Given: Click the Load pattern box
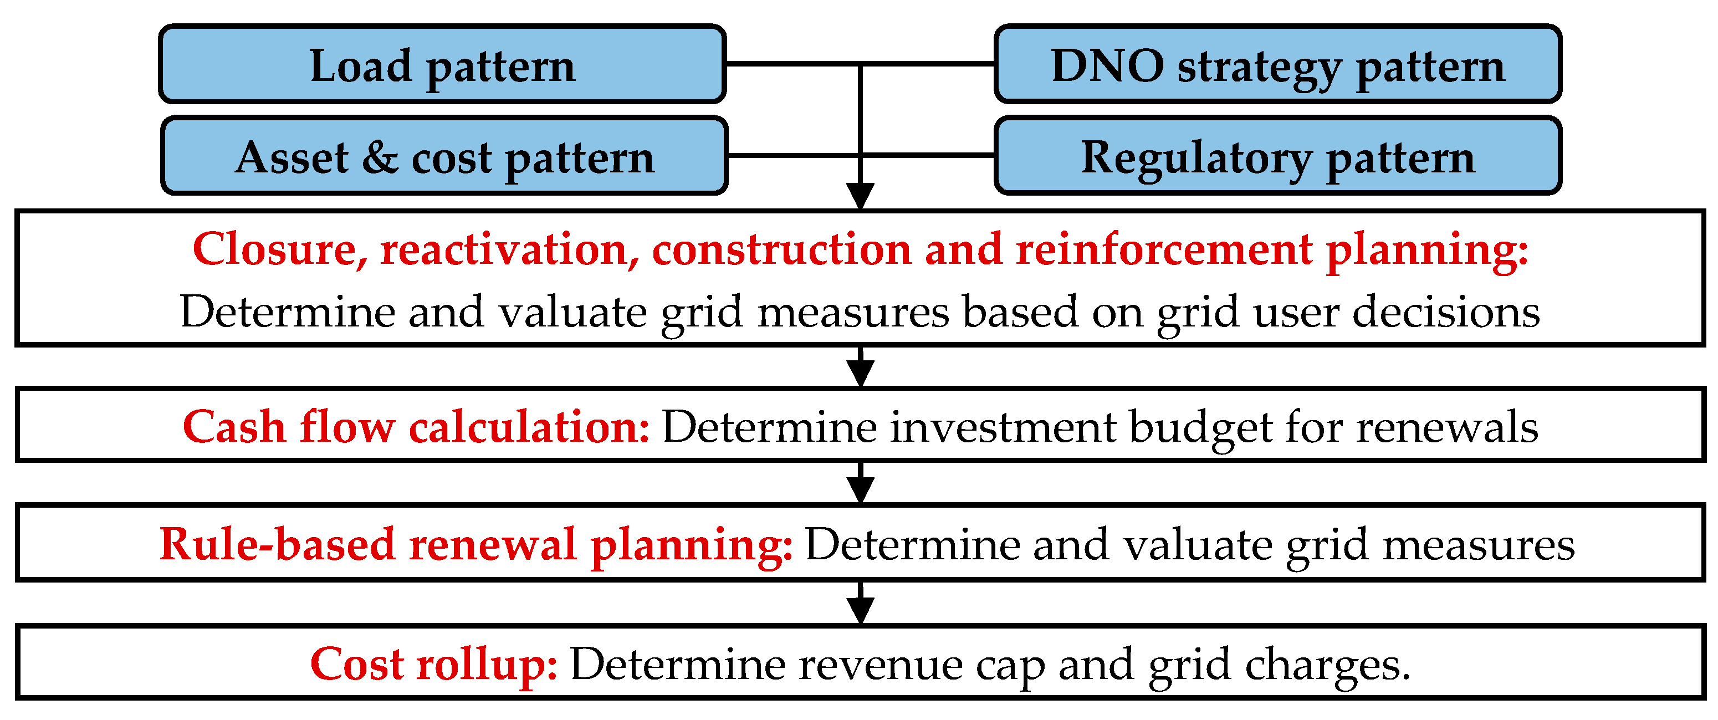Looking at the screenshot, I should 442,65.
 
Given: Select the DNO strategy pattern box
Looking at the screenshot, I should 1277,65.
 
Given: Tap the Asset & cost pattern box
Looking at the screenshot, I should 444,156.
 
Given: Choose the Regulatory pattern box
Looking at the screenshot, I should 1277,156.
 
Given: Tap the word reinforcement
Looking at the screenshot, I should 1164,249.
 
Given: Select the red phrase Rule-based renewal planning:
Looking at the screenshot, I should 475,544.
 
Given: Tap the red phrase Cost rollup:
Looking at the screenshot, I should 433,664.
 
